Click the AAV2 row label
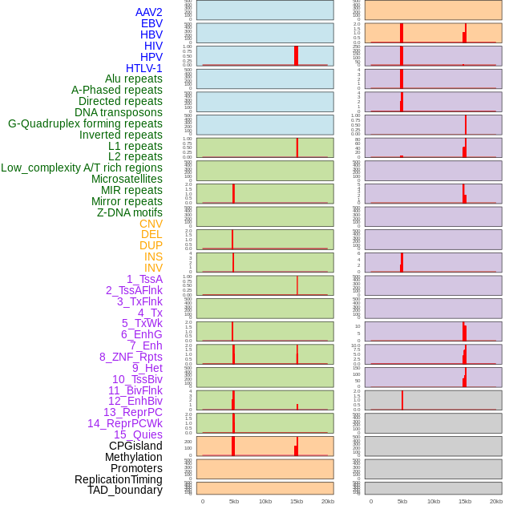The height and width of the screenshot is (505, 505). pos(148,12)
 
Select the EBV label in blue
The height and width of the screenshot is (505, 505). pos(151,23)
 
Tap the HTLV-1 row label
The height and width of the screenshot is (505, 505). pos(143,68)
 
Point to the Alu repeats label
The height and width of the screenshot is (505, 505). pos(133,79)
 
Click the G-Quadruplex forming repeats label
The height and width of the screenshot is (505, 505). pos(85,123)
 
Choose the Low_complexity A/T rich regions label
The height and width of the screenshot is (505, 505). pos(82,168)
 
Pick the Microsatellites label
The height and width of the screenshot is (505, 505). pos(127,179)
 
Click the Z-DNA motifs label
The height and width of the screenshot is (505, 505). pos(130,212)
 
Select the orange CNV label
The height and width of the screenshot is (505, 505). pos(151,224)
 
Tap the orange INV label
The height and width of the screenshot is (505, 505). pos(153,268)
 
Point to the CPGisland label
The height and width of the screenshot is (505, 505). pos(135,446)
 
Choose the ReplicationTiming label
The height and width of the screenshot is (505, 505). pos(118,479)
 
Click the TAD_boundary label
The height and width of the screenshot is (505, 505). pos(125,490)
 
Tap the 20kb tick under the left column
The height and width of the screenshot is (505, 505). pos(328,501)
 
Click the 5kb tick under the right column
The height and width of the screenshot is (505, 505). pos(402,501)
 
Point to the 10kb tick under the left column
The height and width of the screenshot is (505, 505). pos(265,501)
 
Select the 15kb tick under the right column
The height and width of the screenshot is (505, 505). pos(465,501)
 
